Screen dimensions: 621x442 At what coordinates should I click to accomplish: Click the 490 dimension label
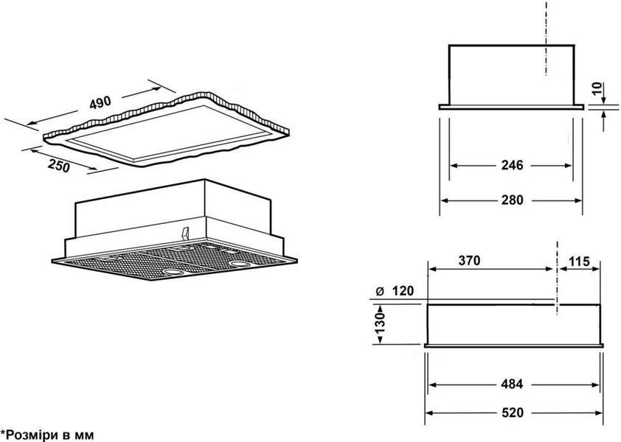pyautogui.click(x=100, y=103)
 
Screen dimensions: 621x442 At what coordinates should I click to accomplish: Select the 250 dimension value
pyautogui.click(x=58, y=166)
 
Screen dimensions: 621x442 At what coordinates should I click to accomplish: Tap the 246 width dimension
pyautogui.click(x=512, y=164)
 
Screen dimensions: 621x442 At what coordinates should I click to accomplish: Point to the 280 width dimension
pyautogui.click(x=512, y=200)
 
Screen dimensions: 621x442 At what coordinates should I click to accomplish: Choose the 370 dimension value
pyautogui.click(x=469, y=260)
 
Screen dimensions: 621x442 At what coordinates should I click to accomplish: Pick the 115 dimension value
pyautogui.click(x=580, y=262)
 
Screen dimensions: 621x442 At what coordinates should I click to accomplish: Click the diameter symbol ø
pyautogui.click(x=379, y=292)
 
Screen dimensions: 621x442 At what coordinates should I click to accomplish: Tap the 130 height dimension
pyautogui.click(x=379, y=323)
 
